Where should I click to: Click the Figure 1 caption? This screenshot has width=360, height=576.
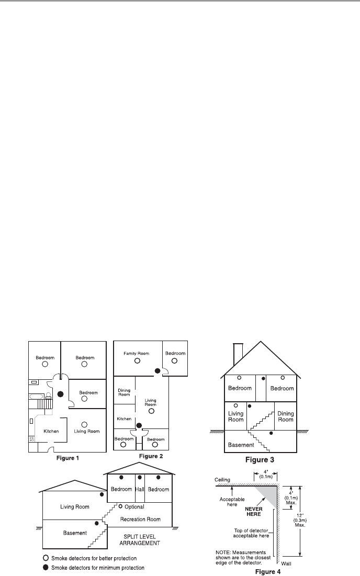tap(67, 458)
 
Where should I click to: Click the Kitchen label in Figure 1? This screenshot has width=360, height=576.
tap(51, 431)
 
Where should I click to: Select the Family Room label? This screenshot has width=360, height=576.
tap(136, 353)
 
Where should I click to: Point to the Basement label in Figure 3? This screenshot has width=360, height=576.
tap(241, 445)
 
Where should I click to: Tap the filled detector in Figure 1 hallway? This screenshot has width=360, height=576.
tap(61, 394)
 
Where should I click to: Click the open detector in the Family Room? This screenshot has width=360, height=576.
tap(137, 361)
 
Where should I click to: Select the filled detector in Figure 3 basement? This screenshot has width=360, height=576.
tap(271, 434)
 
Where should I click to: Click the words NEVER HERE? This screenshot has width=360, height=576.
tap(254, 511)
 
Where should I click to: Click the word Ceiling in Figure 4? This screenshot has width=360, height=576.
tap(222, 480)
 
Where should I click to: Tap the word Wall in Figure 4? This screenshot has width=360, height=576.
tap(286, 563)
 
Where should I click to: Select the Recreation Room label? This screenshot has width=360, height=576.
tap(140, 519)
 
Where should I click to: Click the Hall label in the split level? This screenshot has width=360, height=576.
tap(140, 489)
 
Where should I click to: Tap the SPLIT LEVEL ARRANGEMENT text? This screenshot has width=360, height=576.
tap(140, 539)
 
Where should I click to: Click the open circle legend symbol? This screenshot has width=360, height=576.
tap(46, 558)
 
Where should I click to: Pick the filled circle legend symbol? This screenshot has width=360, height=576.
tap(46, 568)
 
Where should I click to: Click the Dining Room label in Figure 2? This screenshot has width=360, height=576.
tap(124, 392)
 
